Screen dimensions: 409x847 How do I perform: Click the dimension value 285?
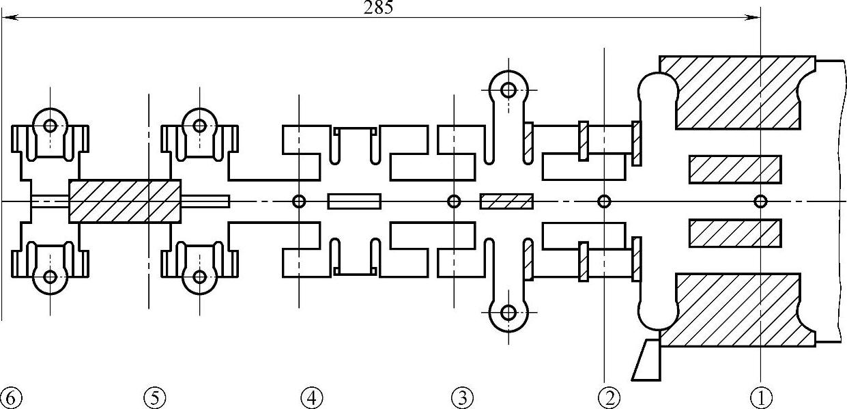point(379,8)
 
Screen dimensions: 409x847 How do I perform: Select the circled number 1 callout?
point(760,397)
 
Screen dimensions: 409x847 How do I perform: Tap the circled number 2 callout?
point(609,397)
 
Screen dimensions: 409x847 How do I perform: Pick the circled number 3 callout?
point(461,397)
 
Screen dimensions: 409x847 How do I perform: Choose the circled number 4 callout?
point(311,397)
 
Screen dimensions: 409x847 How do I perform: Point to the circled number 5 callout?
point(155,397)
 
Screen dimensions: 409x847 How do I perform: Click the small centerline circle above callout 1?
point(760,201)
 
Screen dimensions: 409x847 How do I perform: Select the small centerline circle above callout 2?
point(604,201)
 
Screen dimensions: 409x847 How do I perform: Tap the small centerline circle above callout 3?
point(454,201)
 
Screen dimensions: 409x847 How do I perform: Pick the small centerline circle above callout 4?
point(299,201)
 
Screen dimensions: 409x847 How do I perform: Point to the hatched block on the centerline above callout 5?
point(125,201)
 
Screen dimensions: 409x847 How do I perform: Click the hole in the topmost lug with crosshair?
point(508,89)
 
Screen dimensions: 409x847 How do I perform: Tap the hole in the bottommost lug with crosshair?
point(508,313)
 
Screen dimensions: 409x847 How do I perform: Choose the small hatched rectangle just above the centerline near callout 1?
point(735,170)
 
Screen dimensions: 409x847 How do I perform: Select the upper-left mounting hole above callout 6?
point(50,126)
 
